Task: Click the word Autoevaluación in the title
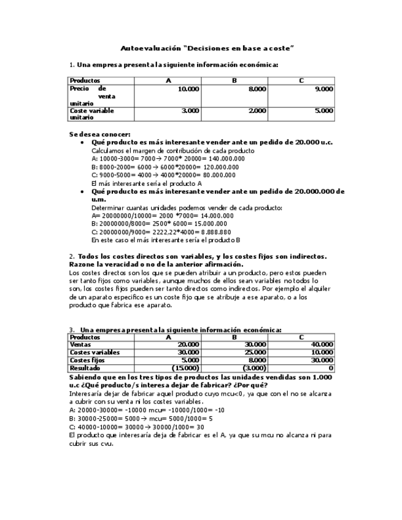click(x=144, y=47)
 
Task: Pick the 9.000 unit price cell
click(x=323, y=90)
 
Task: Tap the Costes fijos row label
click(x=87, y=361)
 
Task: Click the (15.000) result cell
click(x=186, y=369)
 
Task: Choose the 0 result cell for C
click(x=331, y=369)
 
